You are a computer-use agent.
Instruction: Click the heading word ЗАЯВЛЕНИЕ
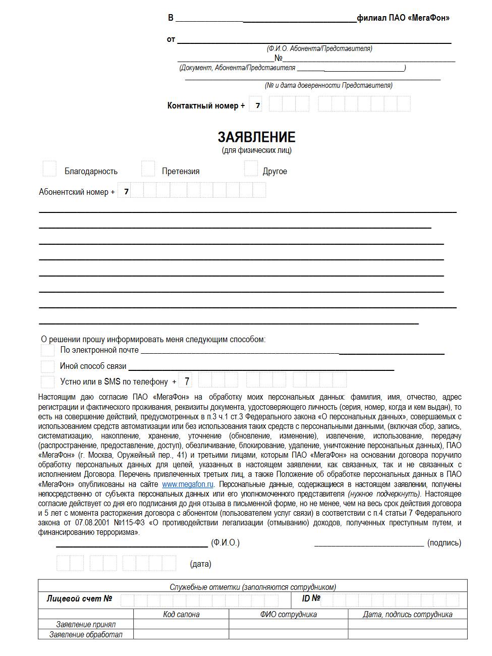click(256, 137)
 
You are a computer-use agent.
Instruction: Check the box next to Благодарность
click(49, 169)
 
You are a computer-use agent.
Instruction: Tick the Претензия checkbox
click(148, 169)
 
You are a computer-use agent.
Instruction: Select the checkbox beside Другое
click(251, 169)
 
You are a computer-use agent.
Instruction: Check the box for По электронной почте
click(48, 350)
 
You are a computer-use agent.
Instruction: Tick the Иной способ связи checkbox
click(48, 366)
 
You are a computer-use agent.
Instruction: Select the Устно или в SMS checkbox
click(48, 381)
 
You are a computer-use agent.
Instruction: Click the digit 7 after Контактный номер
click(258, 105)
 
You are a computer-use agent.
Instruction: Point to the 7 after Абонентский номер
click(126, 192)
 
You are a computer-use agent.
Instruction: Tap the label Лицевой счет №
click(79, 599)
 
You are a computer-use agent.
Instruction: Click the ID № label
click(311, 598)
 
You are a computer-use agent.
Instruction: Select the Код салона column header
click(181, 614)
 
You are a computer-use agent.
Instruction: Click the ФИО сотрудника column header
click(289, 614)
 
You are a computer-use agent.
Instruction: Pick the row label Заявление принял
click(86, 625)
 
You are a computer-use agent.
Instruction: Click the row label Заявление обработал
click(86, 635)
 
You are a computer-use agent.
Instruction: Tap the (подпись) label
click(444, 543)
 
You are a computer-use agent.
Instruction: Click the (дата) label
click(200, 564)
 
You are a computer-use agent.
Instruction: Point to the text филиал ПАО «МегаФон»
click(403, 18)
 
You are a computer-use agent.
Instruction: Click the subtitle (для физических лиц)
click(256, 150)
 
